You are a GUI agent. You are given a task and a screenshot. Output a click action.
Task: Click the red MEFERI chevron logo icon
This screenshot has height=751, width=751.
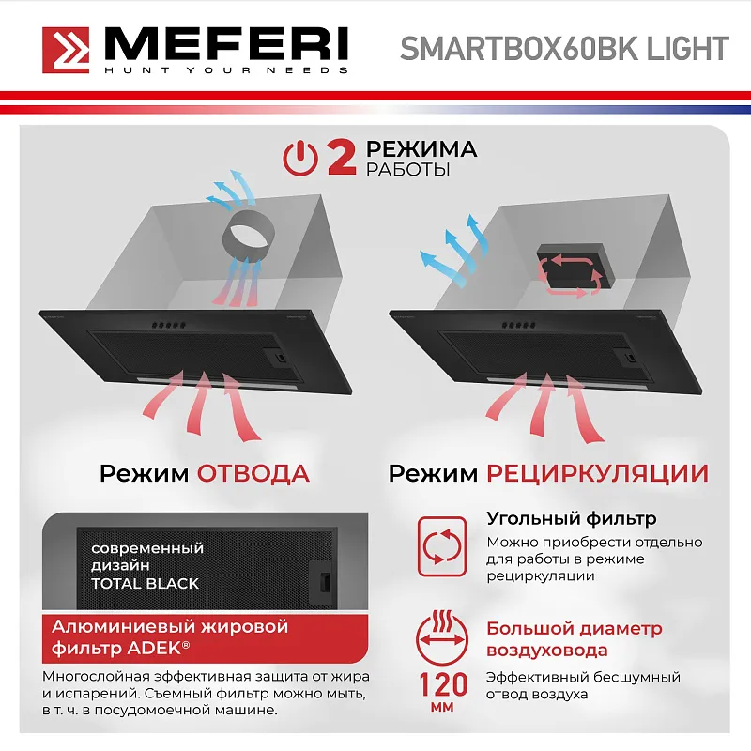coord(67,49)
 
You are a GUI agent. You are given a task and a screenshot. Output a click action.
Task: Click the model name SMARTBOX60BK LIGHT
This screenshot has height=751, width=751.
coord(564,48)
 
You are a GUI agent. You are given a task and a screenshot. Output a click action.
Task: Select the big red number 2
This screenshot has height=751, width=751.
coord(341,157)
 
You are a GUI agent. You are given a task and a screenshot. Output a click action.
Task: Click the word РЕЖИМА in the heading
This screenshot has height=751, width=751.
coord(421,149)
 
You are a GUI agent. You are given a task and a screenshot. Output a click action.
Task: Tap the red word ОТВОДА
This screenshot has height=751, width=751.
coord(253,472)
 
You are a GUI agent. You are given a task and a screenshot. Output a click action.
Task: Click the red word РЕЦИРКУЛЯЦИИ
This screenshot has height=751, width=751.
coord(597,472)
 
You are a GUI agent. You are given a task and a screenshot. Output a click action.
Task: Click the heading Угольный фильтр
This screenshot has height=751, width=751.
coord(571,519)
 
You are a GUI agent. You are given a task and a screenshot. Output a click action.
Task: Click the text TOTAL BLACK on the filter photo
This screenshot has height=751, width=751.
coord(145,583)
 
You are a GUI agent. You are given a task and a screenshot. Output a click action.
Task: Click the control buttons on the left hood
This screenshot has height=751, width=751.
coord(165,326)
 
